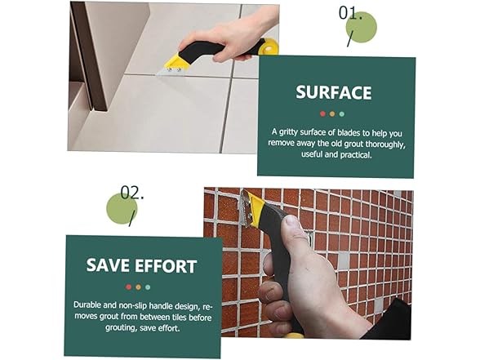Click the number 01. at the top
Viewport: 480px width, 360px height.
point(351,14)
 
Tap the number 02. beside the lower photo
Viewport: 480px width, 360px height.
point(131,193)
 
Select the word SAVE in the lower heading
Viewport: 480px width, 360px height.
point(110,266)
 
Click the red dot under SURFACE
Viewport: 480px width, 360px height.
point(322,113)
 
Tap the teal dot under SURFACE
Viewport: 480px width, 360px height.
point(341,113)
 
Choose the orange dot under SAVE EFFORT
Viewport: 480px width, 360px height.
point(137,287)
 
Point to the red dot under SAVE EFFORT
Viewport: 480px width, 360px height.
point(128,287)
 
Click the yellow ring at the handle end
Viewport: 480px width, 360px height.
point(269,47)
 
